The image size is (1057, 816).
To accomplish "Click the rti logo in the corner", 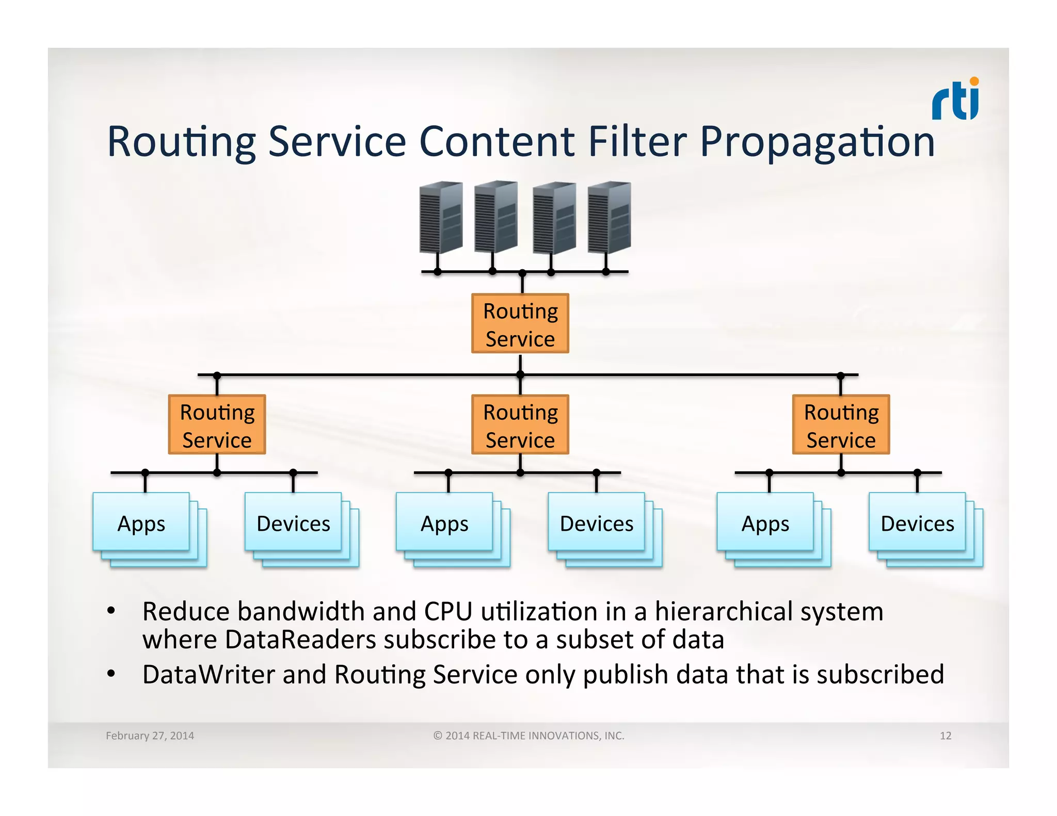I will pos(955,100).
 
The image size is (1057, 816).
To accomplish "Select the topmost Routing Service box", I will pos(520,324).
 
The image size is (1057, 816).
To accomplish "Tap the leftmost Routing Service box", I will pos(217,425).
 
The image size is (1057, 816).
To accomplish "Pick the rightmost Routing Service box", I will pos(841,425).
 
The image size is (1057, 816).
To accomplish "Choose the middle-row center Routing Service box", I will pos(520,425).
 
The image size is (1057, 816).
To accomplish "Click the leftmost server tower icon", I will pos(440,217).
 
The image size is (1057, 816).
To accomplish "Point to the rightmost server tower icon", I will pos(610,217).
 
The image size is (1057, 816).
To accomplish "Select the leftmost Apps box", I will pos(141,523).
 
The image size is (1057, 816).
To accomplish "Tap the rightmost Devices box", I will pos(917,523).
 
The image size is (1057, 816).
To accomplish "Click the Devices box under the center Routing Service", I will pos(597,523).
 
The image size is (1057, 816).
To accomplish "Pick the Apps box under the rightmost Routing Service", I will pos(765,523).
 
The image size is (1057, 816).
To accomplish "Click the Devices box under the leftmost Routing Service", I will pos(293,523).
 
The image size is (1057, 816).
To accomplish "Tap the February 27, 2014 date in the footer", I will pos(150,736).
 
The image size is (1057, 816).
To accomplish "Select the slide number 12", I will pos(945,736).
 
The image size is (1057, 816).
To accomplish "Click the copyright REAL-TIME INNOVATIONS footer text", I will pos(528,736).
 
